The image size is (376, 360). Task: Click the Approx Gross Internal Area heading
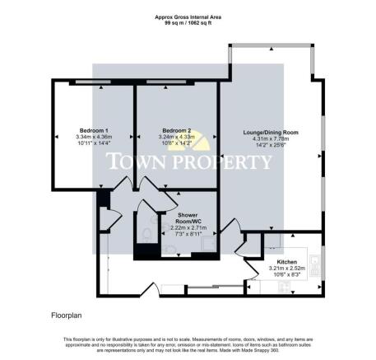[x=188, y=16]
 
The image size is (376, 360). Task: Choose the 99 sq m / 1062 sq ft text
[x=188, y=22]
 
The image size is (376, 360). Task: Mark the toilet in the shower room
[x=146, y=236]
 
